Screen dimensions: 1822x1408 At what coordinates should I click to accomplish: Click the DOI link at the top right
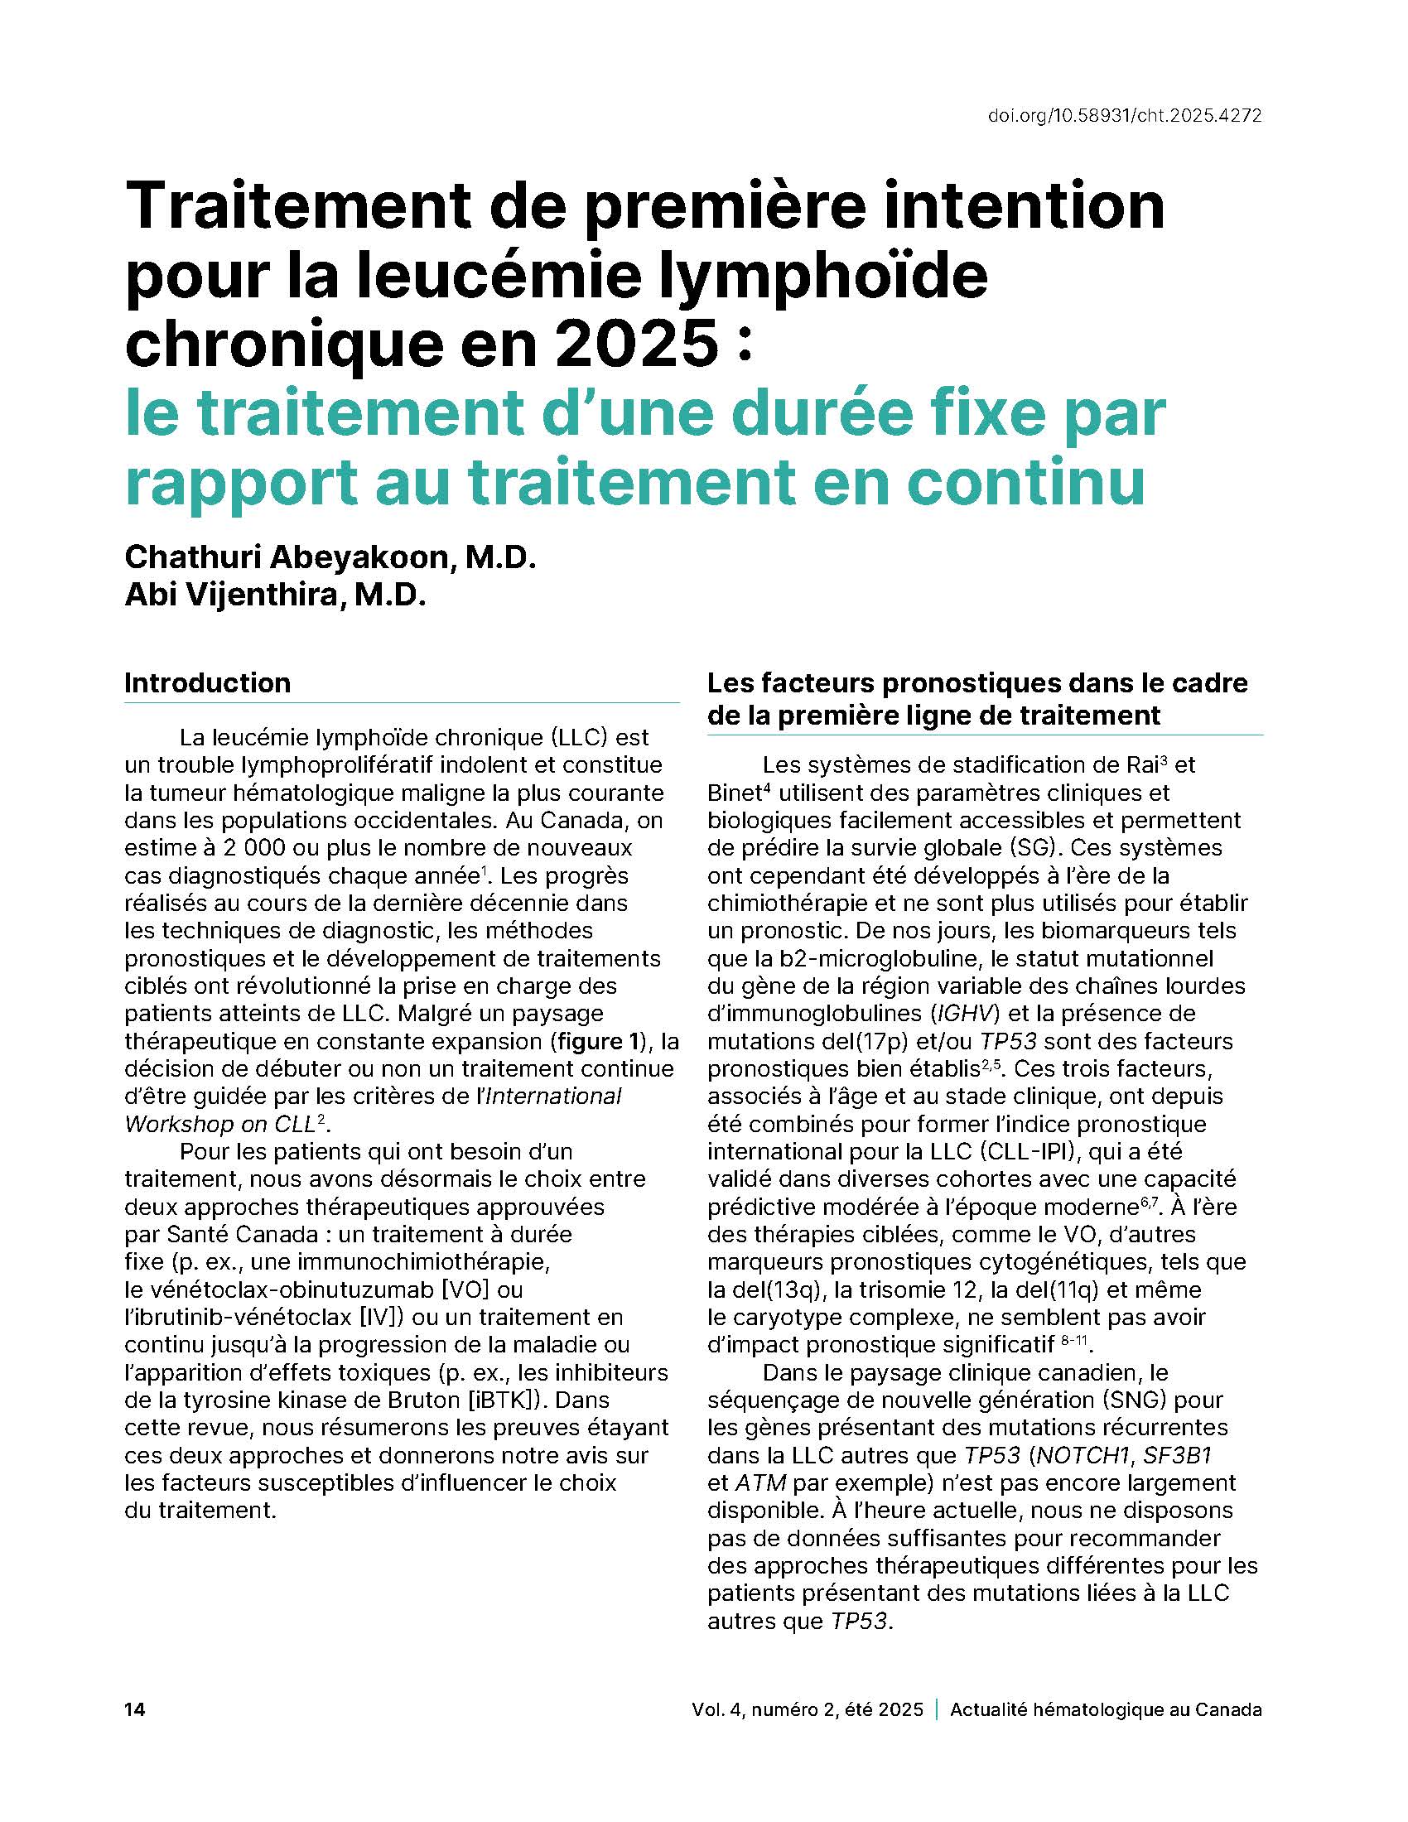click(1124, 116)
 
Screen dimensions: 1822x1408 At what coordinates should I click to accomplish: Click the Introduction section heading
click(208, 682)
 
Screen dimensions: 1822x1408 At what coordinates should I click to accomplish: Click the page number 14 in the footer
click(134, 1709)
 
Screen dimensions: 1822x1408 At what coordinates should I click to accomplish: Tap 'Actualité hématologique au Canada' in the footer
click(1105, 1709)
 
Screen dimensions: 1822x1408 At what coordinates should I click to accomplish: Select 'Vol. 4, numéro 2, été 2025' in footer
click(807, 1709)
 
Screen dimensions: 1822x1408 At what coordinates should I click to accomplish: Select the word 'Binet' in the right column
click(738, 793)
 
